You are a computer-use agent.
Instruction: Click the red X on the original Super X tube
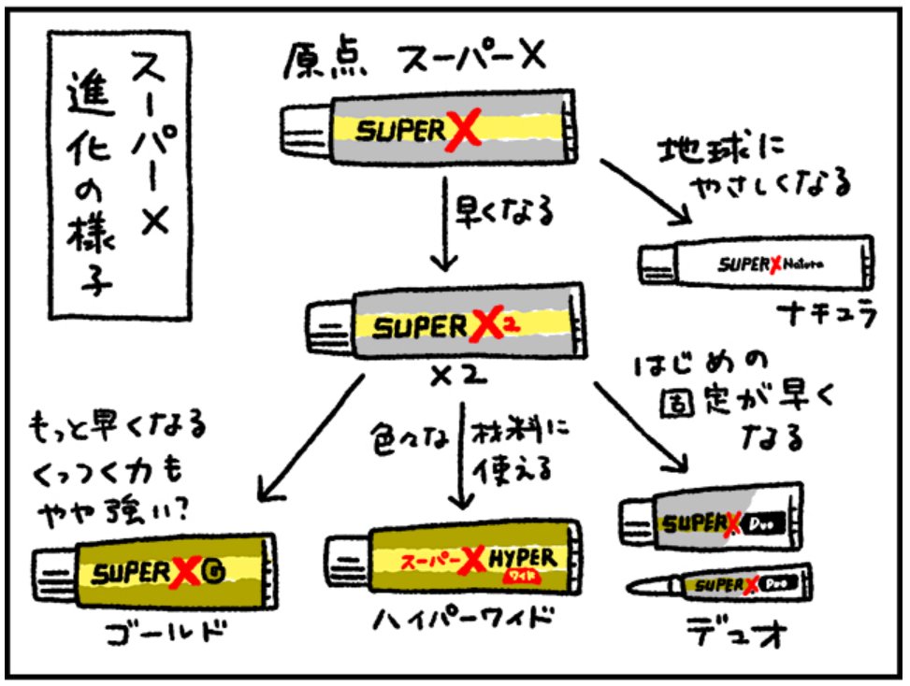(x=461, y=129)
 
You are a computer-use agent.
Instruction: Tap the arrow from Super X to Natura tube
(x=644, y=190)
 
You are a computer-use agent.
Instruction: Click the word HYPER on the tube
(x=525, y=558)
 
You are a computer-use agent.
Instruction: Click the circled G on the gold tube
(x=218, y=570)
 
